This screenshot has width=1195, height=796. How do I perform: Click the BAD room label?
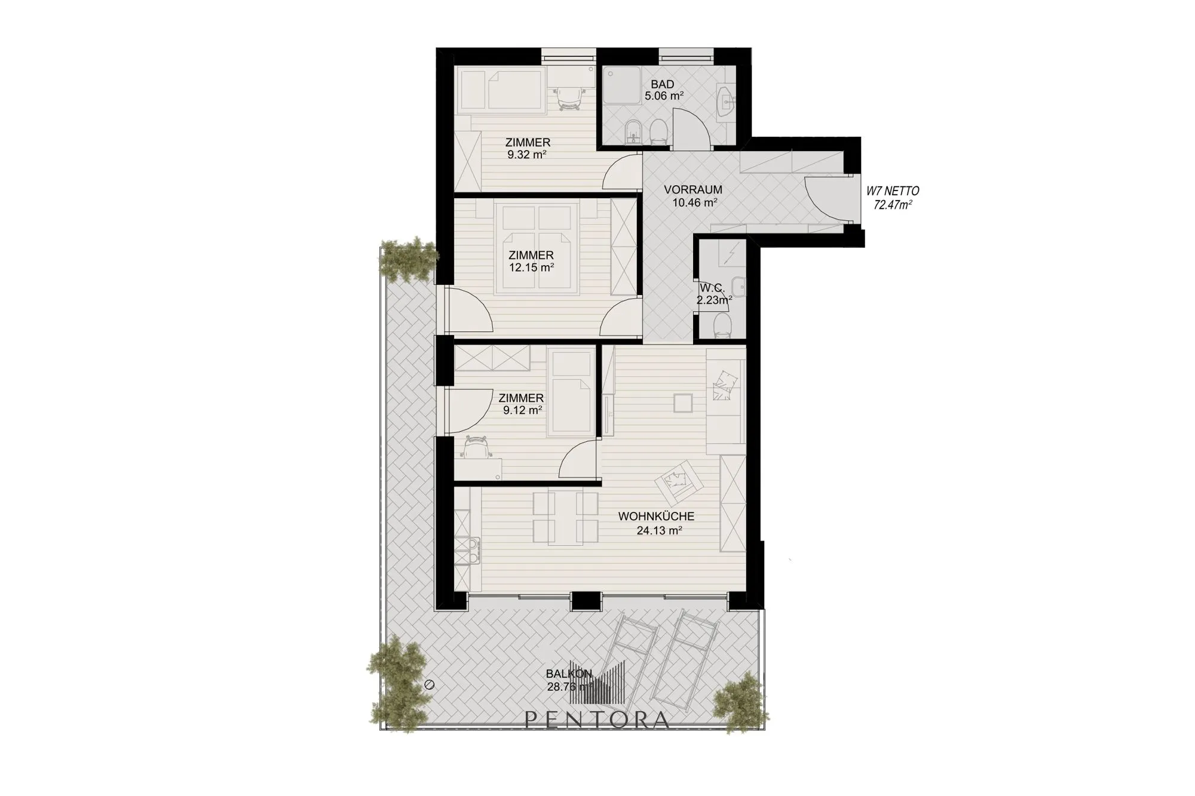click(x=663, y=85)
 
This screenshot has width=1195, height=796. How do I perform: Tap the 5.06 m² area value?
click(x=664, y=96)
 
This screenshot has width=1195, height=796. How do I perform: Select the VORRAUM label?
click(x=693, y=190)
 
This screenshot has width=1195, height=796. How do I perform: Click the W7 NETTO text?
click(x=893, y=192)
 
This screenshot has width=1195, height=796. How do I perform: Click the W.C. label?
click(x=712, y=289)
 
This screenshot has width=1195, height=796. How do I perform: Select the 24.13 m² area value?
click(x=660, y=530)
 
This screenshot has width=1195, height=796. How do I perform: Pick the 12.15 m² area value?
click(x=531, y=268)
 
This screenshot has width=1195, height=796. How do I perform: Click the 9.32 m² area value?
click(x=528, y=155)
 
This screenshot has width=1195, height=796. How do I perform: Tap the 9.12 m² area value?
click(x=523, y=410)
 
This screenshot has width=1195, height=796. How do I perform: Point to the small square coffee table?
click(x=683, y=403)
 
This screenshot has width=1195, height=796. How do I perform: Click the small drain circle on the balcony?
click(x=428, y=685)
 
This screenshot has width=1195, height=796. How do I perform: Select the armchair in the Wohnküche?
click(x=679, y=482)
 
